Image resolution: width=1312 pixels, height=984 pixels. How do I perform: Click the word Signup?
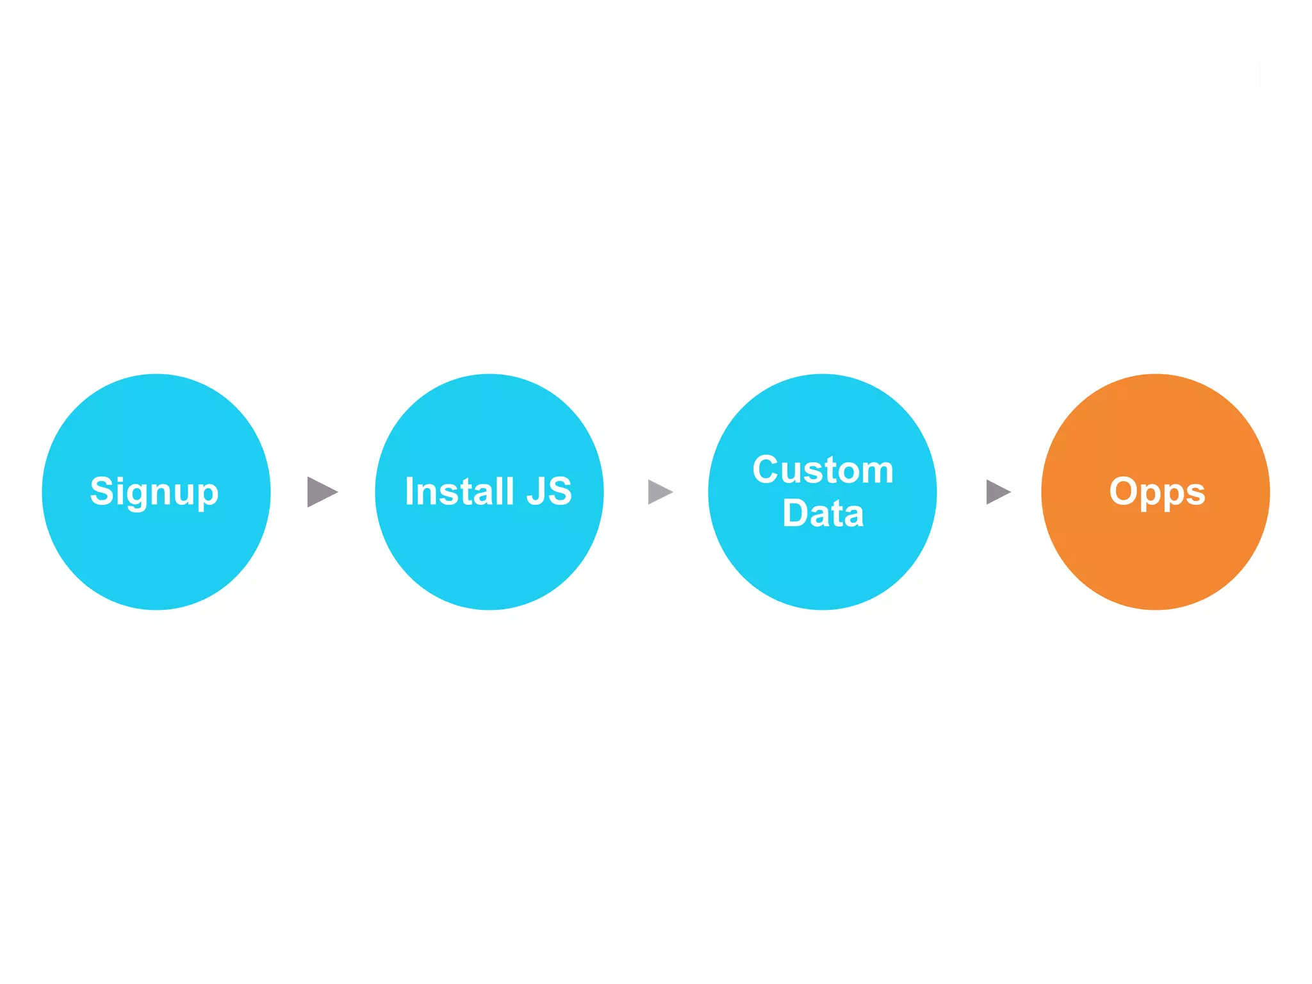(154, 492)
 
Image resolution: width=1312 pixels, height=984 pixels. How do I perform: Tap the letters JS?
(549, 491)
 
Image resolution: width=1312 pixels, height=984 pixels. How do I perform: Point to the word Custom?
(823, 470)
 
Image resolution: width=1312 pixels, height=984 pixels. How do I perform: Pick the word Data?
(823, 513)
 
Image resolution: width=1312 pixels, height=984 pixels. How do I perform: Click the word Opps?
(1156, 492)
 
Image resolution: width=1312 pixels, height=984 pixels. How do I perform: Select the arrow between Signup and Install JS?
(322, 492)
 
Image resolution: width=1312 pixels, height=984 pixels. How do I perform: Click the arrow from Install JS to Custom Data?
(660, 492)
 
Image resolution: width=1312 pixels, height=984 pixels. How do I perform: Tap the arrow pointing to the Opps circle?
(997, 492)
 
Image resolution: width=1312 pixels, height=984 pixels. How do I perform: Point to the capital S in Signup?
(102, 491)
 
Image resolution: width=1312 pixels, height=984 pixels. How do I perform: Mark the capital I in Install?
(409, 491)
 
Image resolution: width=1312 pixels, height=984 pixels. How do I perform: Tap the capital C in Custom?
(766, 470)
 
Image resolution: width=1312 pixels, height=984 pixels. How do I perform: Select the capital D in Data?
(795, 513)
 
